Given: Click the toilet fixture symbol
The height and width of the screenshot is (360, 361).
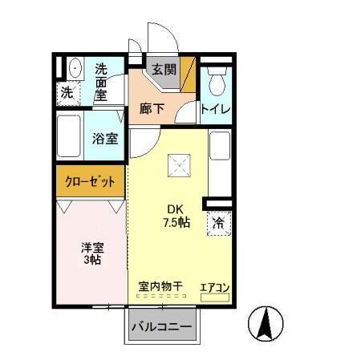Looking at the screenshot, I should [x=216, y=79].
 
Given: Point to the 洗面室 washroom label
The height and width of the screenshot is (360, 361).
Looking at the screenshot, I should [x=102, y=82].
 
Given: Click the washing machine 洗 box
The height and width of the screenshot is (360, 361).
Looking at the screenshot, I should [x=67, y=92].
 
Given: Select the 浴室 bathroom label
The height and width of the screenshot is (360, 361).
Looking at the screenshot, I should [x=106, y=138].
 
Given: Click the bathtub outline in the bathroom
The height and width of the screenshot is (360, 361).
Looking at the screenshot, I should [x=70, y=138].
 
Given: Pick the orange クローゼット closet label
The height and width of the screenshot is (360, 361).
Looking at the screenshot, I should [x=91, y=181].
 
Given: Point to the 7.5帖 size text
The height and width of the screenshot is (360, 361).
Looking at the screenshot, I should [x=176, y=222].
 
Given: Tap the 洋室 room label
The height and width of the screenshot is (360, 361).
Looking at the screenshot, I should [x=91, y=249].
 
